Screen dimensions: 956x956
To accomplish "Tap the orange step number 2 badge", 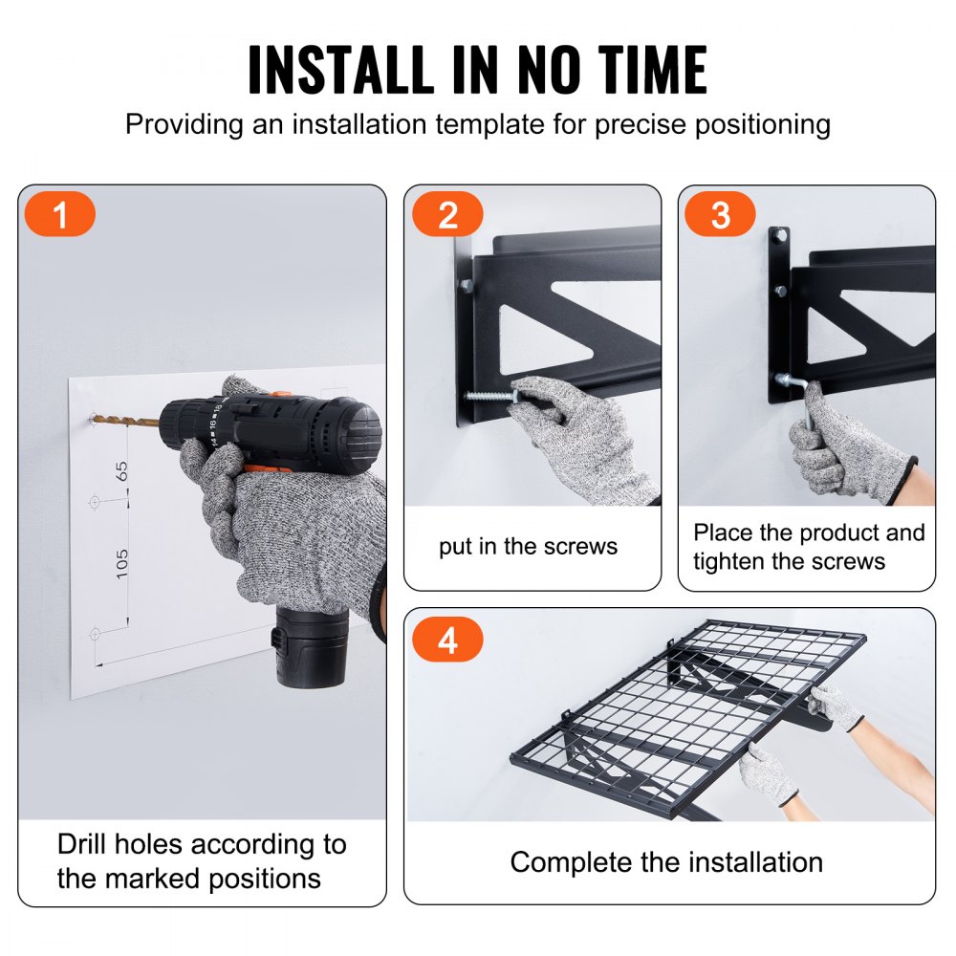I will (x=447, y=215).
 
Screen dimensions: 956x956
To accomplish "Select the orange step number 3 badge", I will (x=721, y=215).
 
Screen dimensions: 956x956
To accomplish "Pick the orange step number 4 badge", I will (x=447, y=641).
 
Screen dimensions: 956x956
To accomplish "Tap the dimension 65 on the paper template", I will (x=122, y=470).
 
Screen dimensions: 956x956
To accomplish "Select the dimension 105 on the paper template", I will (x=122, y=562).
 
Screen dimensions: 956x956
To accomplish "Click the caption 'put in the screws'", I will (x=528, y=547).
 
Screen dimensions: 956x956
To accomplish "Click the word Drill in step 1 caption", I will (x=87, y=845).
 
